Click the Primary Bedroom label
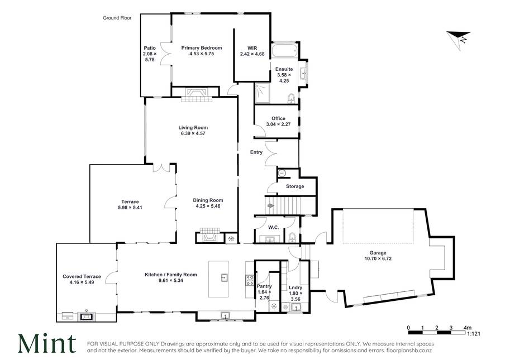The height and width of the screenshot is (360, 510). [x=202, y=48]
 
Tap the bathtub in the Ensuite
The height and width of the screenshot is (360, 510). [x=284, y=50]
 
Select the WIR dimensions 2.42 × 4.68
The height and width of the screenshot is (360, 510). [x=252, y=54]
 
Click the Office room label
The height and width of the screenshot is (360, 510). [x=278, y=118]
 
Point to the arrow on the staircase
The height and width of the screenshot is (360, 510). [x=270, y=205]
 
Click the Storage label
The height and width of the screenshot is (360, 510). [x=295, y=186]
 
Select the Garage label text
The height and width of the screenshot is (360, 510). [x=378, y=253]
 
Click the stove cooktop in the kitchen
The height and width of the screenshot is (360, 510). [x=250, y=280]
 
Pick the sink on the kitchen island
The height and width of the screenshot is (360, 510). [x=224, y=277]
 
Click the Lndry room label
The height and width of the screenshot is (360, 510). [x=295, y=287]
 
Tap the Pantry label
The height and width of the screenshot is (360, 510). [x=264, y=286]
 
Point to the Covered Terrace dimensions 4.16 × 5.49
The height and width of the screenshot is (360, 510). [x=82, y=282]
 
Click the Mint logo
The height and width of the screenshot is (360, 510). [x=47, y=343]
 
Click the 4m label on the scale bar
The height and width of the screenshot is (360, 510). [x=468, y=328]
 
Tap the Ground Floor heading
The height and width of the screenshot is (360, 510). [x=117, y=18]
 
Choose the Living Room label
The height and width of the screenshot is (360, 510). [x=193, y=127]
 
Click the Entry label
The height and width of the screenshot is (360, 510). [x=256, y=152]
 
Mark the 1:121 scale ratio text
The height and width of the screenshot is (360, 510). [x=474, y=333]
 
